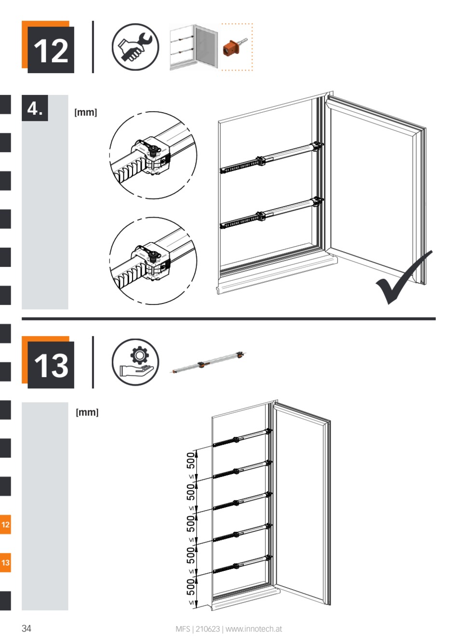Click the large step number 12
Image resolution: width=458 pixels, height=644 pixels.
(51, 50)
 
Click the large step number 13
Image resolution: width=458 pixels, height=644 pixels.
(51, 365)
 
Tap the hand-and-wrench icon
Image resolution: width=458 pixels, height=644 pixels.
(135, 47)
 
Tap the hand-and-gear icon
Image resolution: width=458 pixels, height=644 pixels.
(135, 362)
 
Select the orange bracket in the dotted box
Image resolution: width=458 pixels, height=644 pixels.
(232, 48)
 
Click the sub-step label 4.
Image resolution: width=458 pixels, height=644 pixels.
(35, 108)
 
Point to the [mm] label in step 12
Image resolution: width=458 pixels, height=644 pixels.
(85, 113)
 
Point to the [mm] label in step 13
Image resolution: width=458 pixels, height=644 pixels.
(87, 413)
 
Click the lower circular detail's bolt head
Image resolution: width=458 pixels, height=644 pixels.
(154, 254)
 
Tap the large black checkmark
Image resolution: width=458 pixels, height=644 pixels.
(403, 278)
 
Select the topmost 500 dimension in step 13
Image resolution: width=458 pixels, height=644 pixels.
(191, 461)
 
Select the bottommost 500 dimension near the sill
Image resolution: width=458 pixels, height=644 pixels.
(191, 587)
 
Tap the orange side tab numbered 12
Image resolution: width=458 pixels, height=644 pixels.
(5, 525)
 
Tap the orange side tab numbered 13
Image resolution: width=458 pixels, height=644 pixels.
(5, 563)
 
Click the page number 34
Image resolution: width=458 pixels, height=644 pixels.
(27, 629)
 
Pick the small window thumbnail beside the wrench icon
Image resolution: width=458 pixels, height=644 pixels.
(193, 48)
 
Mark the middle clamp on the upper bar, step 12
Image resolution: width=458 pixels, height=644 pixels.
(260, 161)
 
